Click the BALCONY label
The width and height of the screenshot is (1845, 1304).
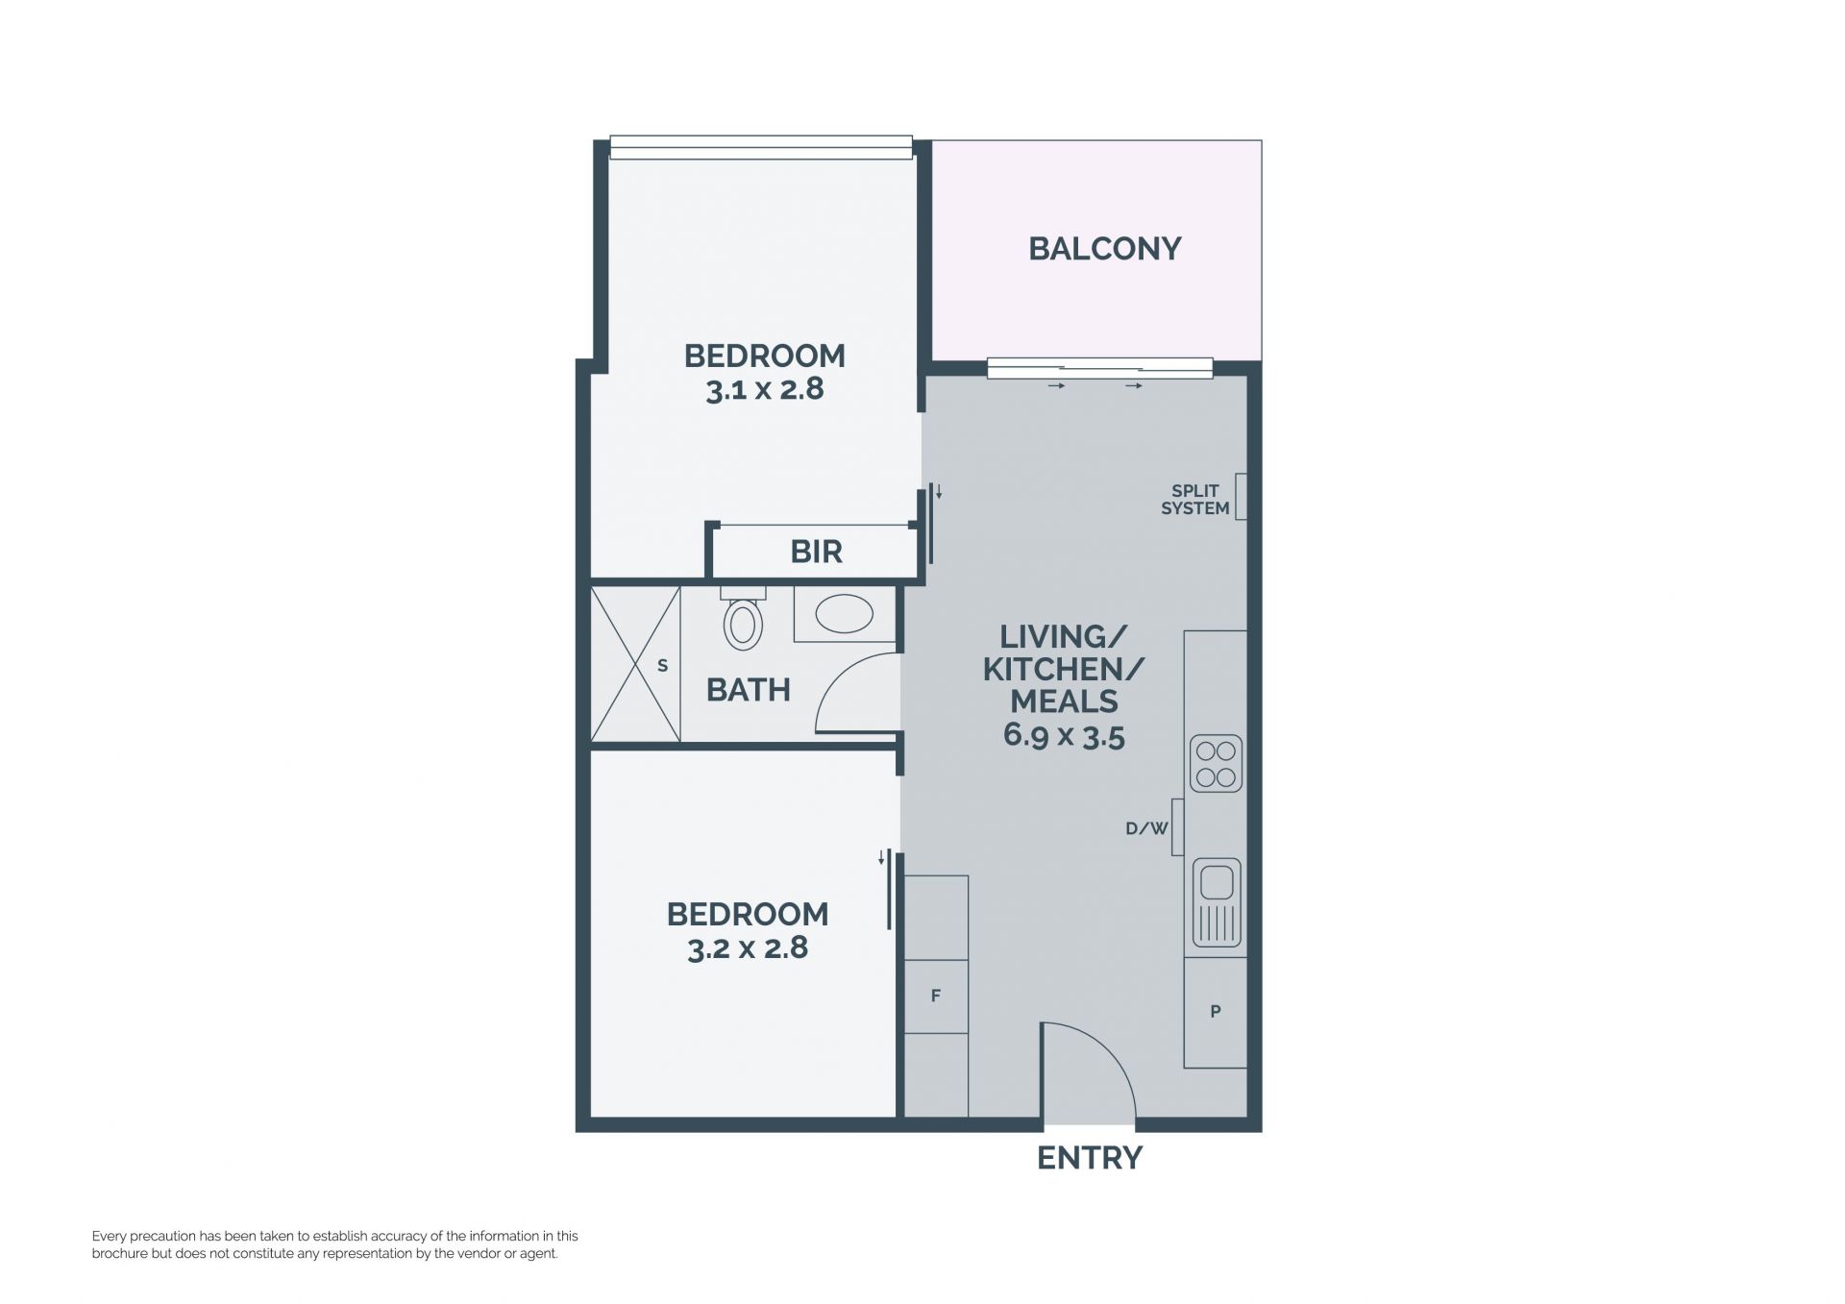pos(1104,249)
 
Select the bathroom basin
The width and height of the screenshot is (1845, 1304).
pos(844,614)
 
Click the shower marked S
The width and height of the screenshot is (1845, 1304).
pos(635,664)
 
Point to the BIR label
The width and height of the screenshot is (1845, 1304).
pos(816,552)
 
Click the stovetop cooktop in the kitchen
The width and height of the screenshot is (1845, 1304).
pos(1216,764)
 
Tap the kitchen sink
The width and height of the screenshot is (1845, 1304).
pos(1217,903)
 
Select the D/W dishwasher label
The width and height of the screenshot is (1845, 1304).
pos(1146,827)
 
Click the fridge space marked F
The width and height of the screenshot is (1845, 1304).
pos(936,996)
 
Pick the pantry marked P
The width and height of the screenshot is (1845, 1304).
pos(1215,1012)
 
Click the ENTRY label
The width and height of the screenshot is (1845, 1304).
pos(1090,1159)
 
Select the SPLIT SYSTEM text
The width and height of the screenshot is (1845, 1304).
pos(1195,500)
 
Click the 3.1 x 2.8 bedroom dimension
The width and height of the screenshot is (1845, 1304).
pos(765,390)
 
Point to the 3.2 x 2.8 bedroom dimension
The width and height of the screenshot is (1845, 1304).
pos(748,948)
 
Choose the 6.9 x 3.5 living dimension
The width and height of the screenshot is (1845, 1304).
pos(1064,737)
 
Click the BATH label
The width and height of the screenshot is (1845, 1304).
pos(749,690)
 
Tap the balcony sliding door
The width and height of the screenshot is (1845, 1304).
pos(1100,368)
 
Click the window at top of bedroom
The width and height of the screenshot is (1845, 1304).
pos(761,148)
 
